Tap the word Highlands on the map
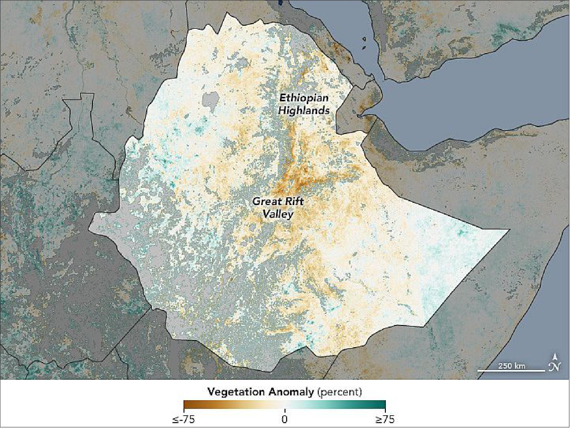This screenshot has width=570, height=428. click(x=304, y=111)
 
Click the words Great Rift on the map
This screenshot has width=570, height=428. click(x=278, y=201)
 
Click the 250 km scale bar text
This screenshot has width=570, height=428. click(x=511, y=366)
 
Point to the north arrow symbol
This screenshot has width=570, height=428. click(x=555, y=362)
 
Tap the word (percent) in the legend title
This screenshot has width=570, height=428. click(x=339, y=391)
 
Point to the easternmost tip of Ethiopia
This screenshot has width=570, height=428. click(x=508, y=230)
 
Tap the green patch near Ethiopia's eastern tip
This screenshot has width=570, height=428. click(x=461, y=232)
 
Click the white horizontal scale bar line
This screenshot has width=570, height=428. click(x=511, y=371)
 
